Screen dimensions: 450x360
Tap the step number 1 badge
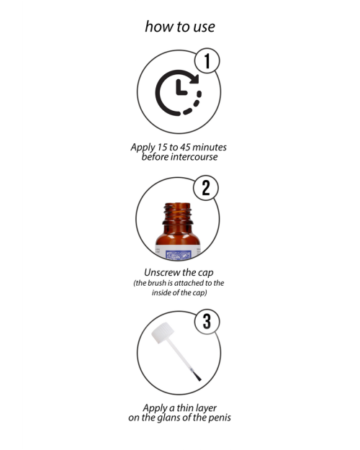point(207,62)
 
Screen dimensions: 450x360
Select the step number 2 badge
point(207,189)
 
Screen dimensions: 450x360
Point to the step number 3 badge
point(207,321)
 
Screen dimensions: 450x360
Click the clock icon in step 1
point(178,93)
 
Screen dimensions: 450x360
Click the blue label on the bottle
point(179,253)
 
